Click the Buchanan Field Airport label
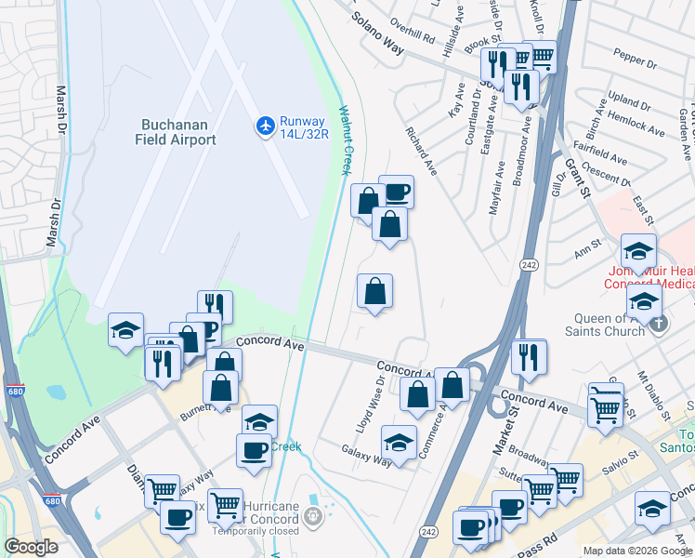pos(178,132)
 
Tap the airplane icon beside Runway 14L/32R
pos(265,125)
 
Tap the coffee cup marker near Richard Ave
pos(396,192)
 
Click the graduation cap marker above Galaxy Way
pos(399,442)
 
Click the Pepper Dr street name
pos(636,62)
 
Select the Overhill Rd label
pos(413,37)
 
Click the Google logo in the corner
pos(32,547)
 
